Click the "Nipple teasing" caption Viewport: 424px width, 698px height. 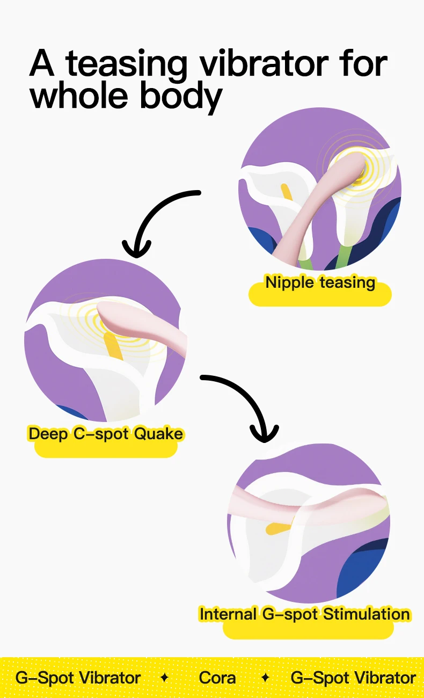(320, 282)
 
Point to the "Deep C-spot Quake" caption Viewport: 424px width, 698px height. (106, 434)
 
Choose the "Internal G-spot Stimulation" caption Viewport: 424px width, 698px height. (304, 614)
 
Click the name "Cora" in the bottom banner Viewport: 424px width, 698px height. (217, 678)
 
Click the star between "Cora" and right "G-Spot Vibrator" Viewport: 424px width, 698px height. (265, 678)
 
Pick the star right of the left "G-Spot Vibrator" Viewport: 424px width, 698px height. (165, 678)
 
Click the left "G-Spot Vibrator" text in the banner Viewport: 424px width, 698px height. (78, 678)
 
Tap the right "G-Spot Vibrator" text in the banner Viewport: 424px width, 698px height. (353, 678)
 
